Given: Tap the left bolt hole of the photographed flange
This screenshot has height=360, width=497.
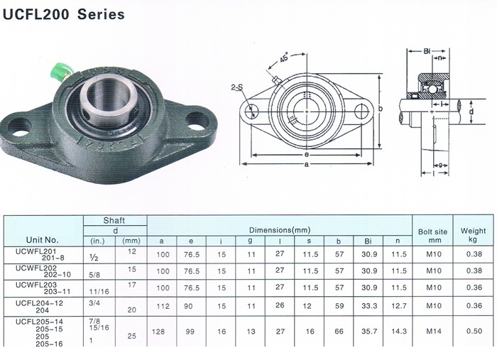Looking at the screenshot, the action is click(20, 127).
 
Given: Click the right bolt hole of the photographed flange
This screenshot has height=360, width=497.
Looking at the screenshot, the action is click(197, 121).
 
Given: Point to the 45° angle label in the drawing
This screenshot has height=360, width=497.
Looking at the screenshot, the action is click(284, 58).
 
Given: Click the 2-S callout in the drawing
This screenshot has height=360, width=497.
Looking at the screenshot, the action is click(236, 87).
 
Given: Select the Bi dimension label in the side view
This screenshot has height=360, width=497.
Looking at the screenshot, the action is click(427, 51).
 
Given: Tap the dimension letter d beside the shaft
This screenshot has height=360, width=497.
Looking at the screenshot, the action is click(471, 111).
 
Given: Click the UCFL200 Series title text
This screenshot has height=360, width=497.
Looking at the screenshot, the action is click(63, 15).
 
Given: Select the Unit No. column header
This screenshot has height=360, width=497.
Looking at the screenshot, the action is click(42, 239).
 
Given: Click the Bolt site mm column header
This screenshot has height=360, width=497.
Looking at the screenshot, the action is click(432, 236).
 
